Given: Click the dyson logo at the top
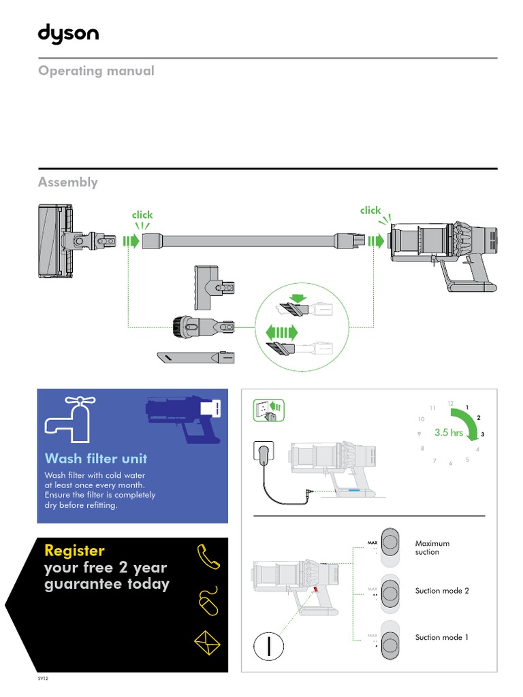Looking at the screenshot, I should pos(68,35).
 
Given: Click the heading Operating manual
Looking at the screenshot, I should pos(96,71).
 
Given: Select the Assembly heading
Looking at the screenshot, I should pos(68,182).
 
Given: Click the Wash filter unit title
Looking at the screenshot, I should pos(96,458).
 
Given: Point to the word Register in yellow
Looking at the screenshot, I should pos(74,550).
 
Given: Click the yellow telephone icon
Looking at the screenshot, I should pos(208,557).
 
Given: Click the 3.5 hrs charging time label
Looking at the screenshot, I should pos(448,433).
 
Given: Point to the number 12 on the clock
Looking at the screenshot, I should pos(450,404).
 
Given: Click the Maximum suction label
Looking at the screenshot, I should pos(432,548).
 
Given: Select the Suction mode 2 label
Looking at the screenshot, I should pos(441,591).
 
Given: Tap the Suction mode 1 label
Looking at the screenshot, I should pos(441,637).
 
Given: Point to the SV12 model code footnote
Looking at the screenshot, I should pos(44,679).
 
